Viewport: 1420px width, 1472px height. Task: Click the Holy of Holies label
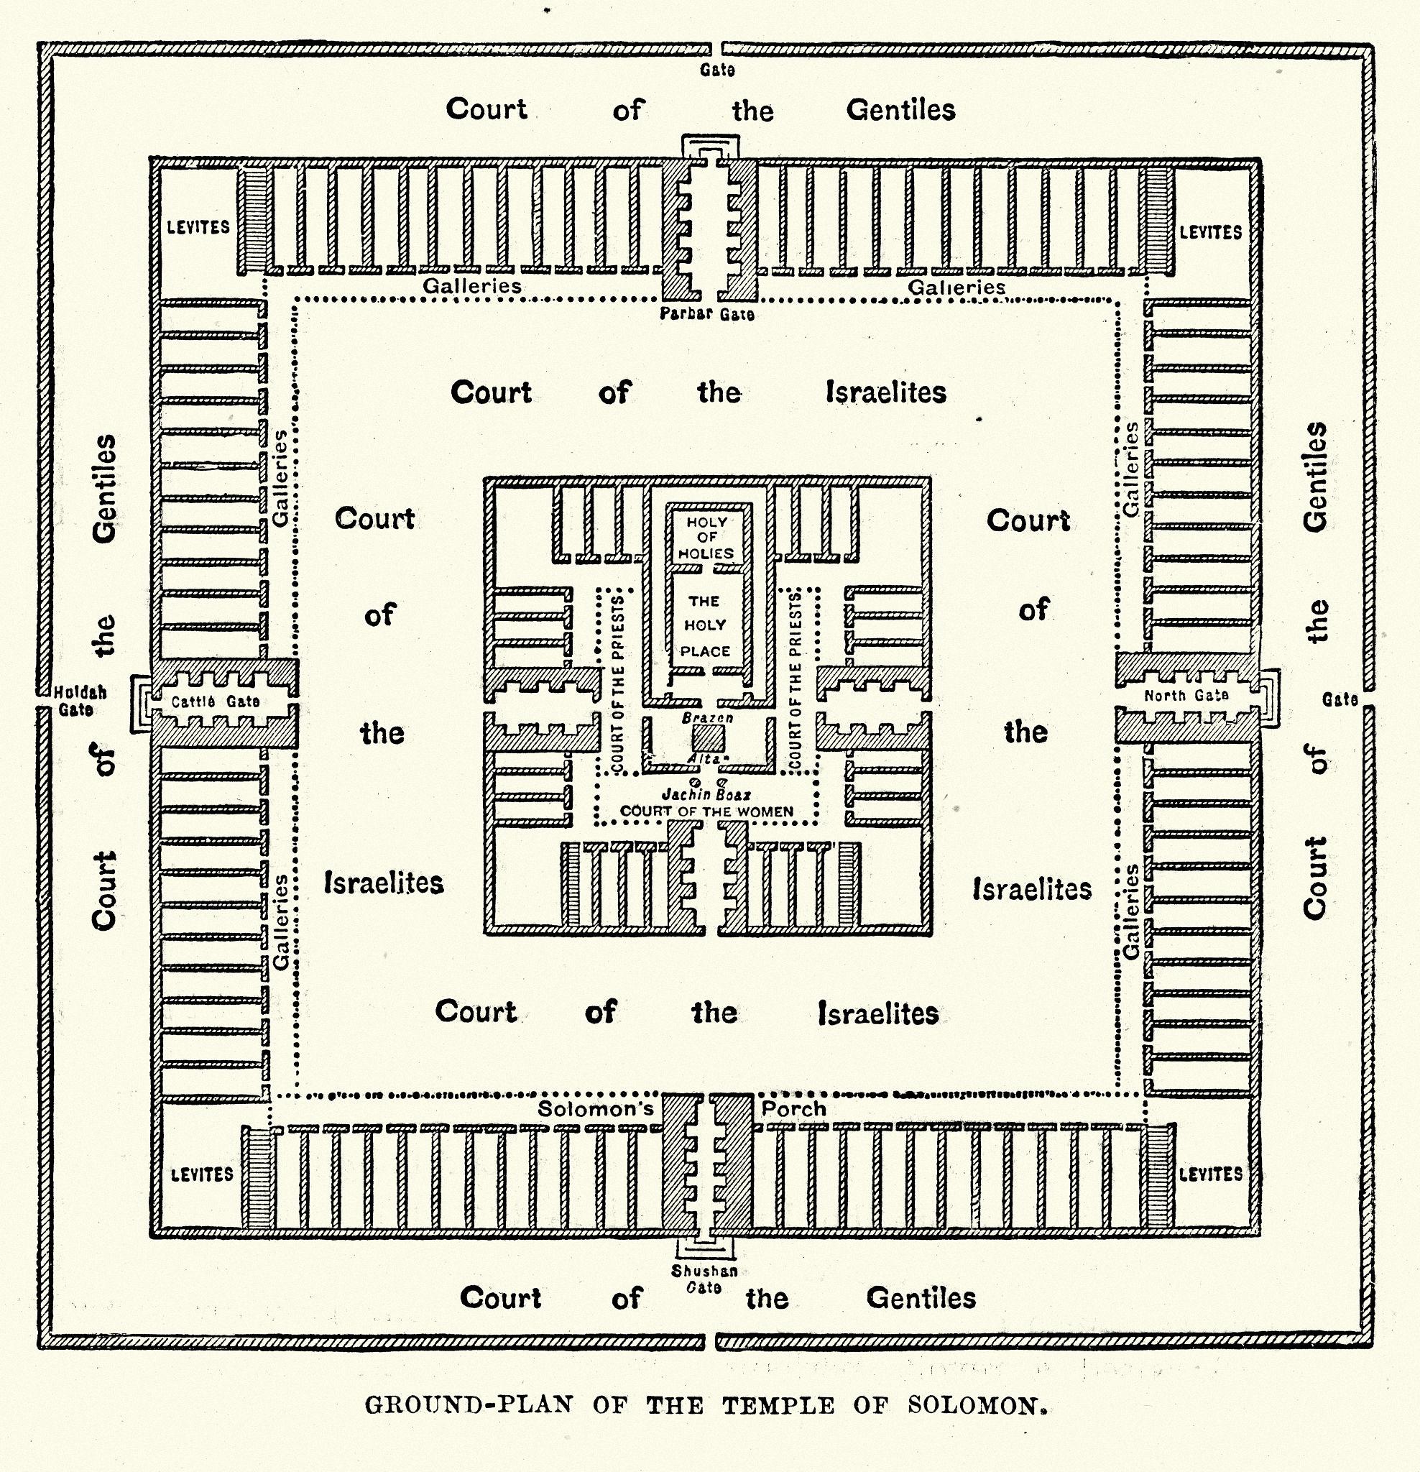[706, 538]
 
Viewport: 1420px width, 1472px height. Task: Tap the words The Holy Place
[705, 625]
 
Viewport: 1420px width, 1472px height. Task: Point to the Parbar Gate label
[706, 314]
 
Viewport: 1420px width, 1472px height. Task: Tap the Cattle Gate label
[216, 701]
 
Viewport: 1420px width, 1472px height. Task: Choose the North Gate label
[1186, 696]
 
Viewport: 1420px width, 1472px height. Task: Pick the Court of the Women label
[706, 811]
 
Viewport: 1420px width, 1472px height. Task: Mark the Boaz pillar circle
[721, 782]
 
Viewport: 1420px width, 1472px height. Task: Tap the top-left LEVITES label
[198, 228]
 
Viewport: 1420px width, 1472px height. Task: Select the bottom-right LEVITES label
[1210, 1174]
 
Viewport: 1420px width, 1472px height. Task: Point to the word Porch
[794, 1109]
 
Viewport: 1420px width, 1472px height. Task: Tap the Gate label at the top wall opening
[717, 70]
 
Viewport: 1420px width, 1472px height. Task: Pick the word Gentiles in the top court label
[900, 111]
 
